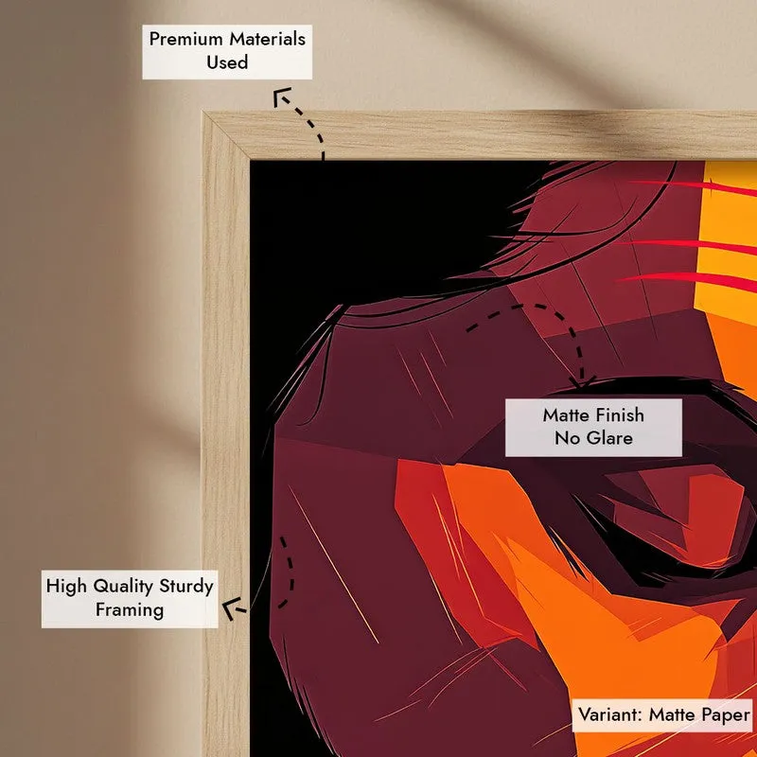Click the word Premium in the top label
(185, 39)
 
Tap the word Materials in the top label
(267, 39)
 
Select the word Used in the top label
(227, 62)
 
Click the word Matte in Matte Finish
(565, 415)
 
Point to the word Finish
(620, 415)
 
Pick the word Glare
(609, 438)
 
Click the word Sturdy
(186, 587)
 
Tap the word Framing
(130, 610)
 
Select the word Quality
(123, 587)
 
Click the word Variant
(610, 715)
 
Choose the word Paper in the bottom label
(726, 715)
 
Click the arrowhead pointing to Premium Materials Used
(281, 96)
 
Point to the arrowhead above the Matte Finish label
(583, 382)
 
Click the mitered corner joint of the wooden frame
(226, 135)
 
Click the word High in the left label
(67, 587)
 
